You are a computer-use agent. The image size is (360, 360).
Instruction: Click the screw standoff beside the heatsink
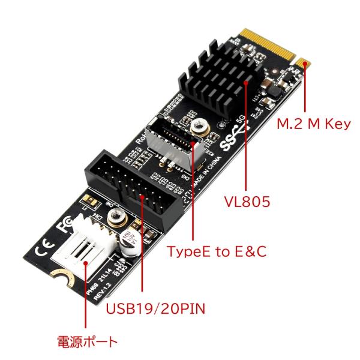click(x=196, y=127)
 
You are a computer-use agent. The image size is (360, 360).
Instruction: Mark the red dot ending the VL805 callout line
click(x=247, y=79)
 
